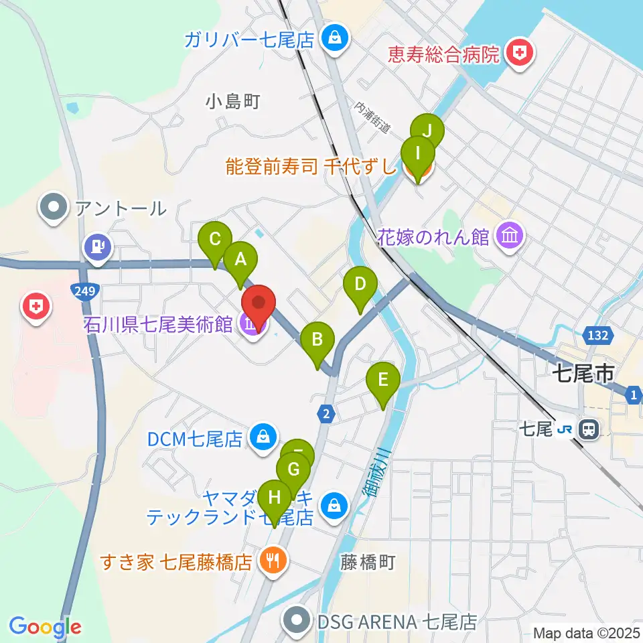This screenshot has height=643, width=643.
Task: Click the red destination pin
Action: (x=259, y=305)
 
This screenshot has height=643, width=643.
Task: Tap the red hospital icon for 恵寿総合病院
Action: (x=518, y=52)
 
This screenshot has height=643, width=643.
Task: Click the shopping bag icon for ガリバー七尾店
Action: (x=333, y=38)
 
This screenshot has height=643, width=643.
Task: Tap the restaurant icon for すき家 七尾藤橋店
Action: (x=272, y=560)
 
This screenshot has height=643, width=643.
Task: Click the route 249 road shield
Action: (x=83, y=290)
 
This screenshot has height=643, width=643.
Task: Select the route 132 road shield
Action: (x=599, y=334)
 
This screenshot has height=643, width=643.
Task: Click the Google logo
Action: (x=45, y=627)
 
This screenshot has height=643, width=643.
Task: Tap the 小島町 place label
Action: (x=232, y=102)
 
